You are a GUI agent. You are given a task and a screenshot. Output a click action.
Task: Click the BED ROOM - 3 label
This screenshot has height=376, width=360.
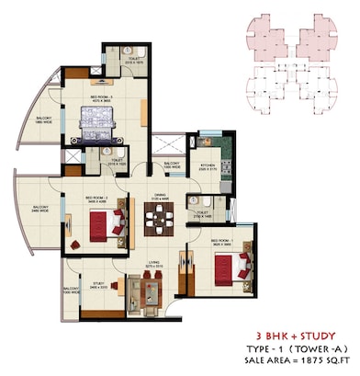click(x=100, y=96)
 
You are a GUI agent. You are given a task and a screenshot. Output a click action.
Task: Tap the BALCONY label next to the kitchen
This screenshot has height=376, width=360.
click(x=171, y=165)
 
